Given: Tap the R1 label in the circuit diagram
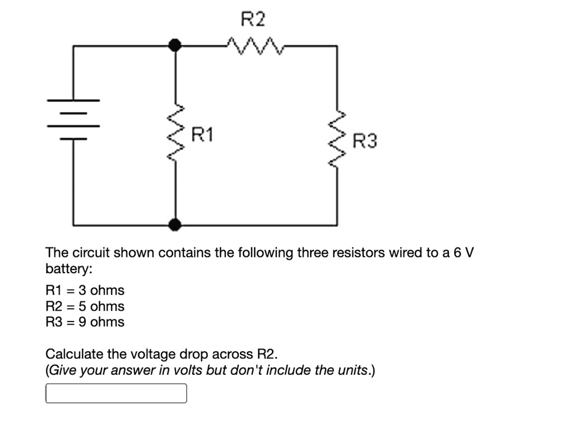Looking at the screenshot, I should point(202,135).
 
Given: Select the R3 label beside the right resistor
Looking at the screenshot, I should point(365,141).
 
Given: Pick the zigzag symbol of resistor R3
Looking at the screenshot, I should point(337,140).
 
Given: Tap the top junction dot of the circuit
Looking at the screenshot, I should point(176,44).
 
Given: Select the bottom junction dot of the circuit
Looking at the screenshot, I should point(176,225).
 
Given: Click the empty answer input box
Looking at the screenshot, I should point(115,393).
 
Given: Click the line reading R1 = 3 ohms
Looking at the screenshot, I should point(85,291).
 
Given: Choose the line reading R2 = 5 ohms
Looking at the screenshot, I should point(85,306).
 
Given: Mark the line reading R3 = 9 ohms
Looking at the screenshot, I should point(85,322).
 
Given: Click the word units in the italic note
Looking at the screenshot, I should point(351,370).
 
